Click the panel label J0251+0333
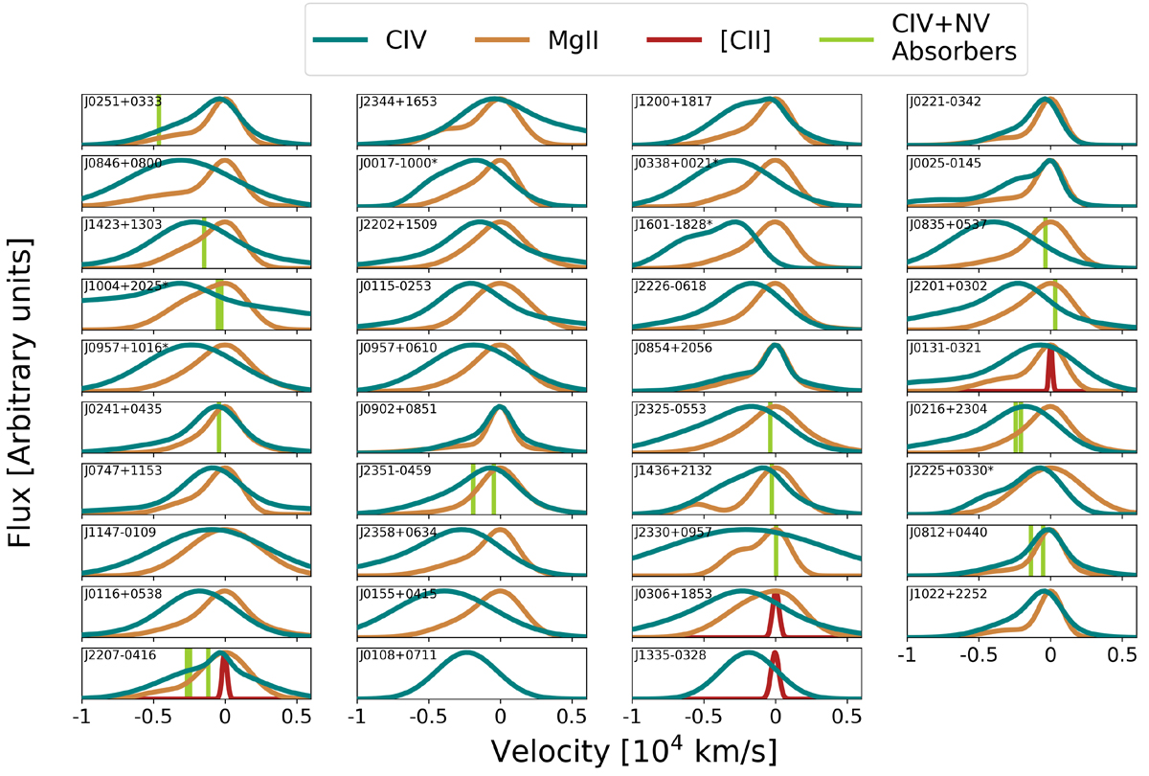coord(123,102)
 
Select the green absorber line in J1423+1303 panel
coord(204,243)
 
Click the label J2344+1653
coord(398,102)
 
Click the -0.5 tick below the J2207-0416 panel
coord(153,716)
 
